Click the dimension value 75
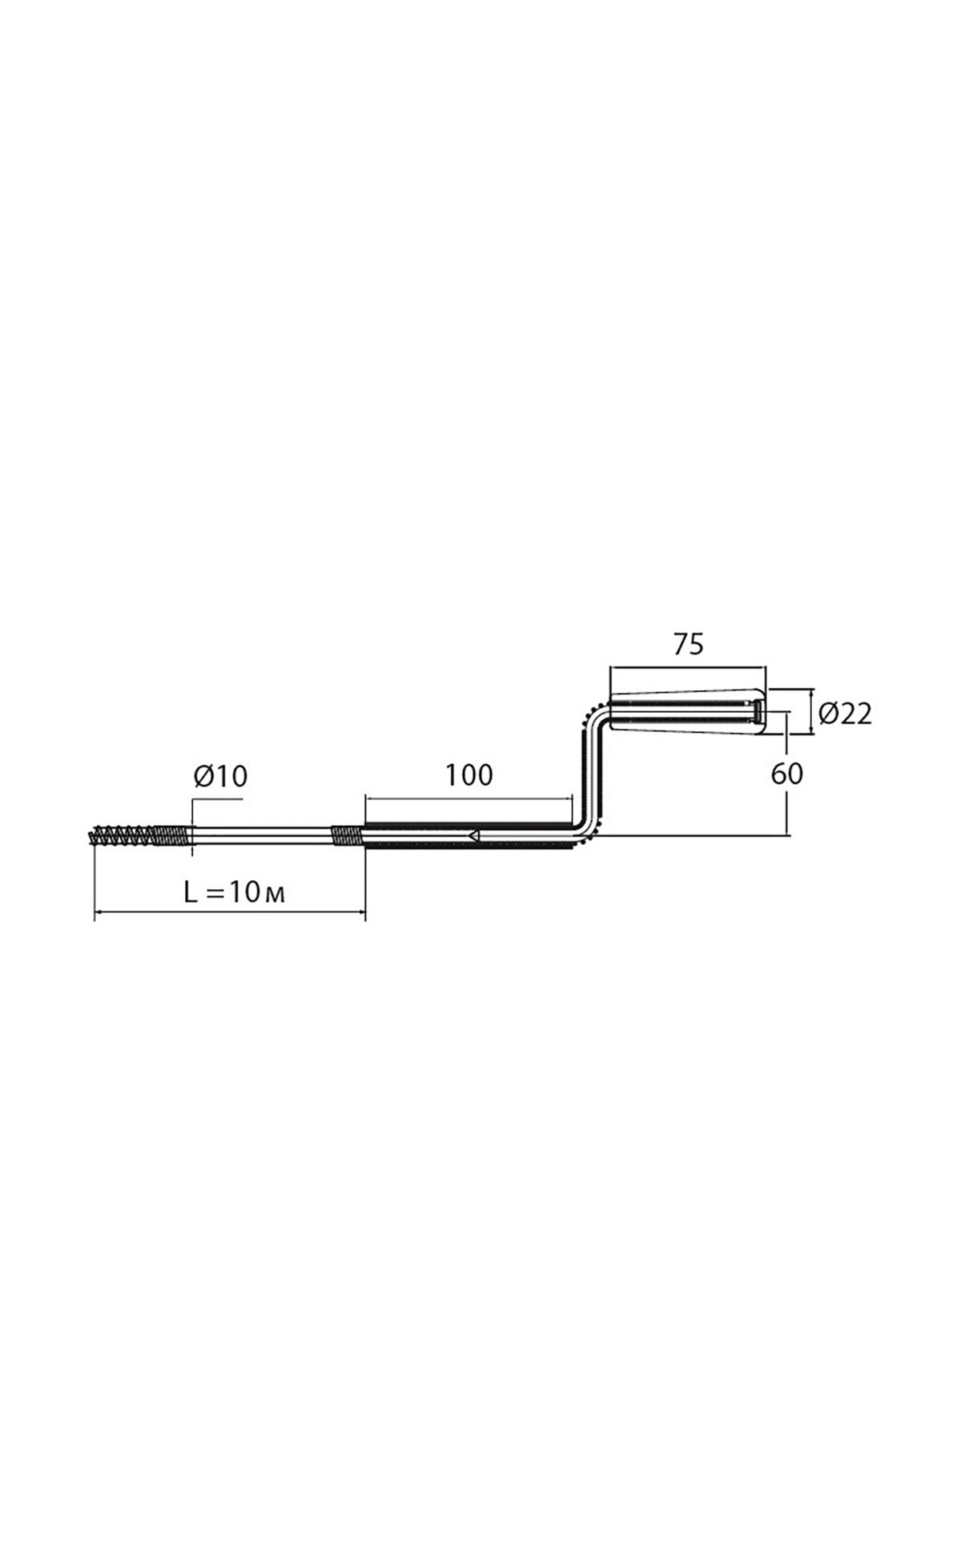point(688,644)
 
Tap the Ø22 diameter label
point(846,713)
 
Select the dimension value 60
point(786,774)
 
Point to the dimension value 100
point(469,775)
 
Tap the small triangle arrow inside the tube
point(474,835)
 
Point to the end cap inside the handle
point(757,711)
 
